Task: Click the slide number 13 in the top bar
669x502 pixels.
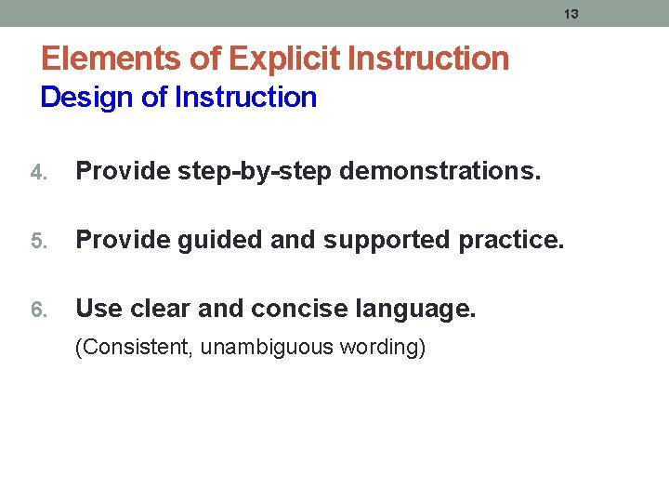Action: click(571, 14)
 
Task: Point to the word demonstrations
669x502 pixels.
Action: click(440, 171)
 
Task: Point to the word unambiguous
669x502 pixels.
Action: click(257, 348)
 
